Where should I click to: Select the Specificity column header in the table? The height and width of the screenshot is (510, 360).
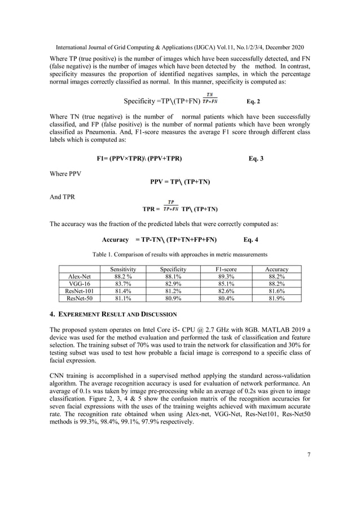pos(173,270)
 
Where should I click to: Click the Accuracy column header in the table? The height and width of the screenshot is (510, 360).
pos(277,270)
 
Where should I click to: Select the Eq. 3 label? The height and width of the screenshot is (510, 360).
pos(256,158)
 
